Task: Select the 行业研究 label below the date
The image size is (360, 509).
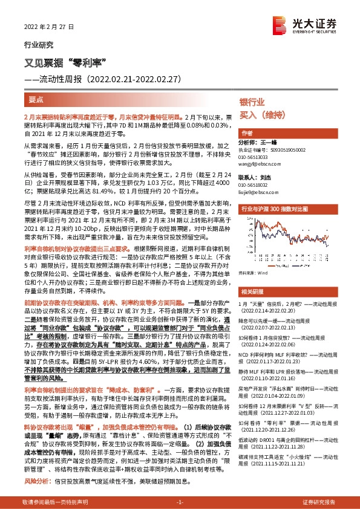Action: click(x=38, y=45)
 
